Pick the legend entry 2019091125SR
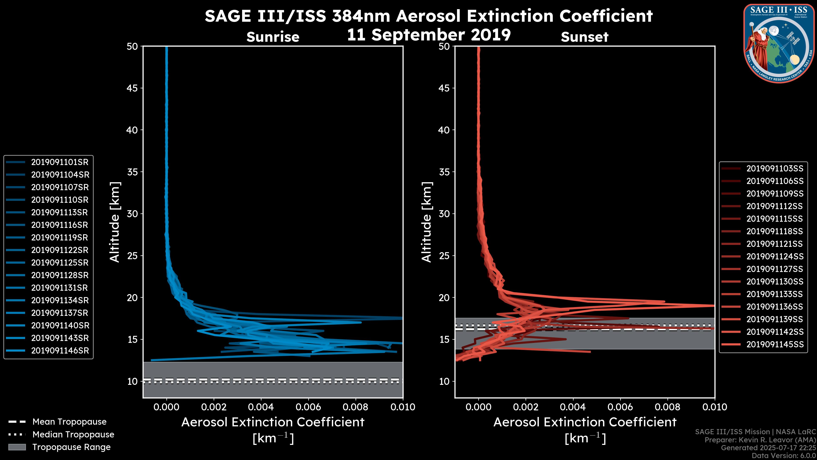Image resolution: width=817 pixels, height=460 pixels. (x=60, y=263)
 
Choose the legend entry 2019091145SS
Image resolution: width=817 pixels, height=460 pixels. (x=774, y=344)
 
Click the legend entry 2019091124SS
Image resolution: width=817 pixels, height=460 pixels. (x=774, y=256)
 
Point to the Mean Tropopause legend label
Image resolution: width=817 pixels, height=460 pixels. (x=69, y=422)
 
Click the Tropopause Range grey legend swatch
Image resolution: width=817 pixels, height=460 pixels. (x=17, y=447)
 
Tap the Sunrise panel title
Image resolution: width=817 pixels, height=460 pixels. (x=273, y=37)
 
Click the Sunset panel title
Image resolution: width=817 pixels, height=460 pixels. (x=584, y=37)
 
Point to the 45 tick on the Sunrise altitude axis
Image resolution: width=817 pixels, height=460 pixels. (x=132, y=88)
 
